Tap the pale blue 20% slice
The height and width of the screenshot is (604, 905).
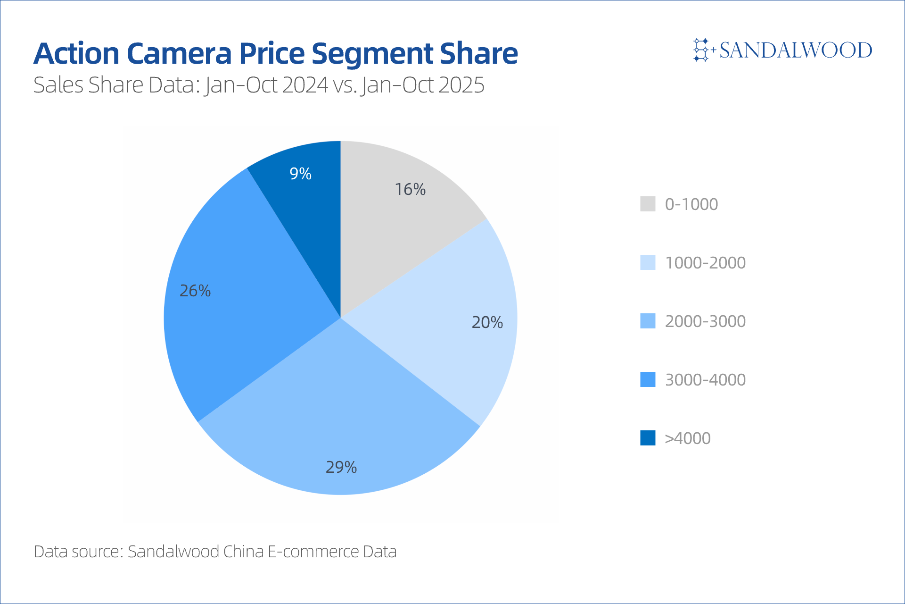point(452,326)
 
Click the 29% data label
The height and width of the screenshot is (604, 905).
point(341,467)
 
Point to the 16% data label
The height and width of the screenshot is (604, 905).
point(410,189)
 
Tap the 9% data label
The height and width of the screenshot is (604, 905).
point(300,174)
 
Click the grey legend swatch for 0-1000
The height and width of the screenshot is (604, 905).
point(648,204)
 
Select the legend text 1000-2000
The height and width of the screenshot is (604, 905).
point(705,262)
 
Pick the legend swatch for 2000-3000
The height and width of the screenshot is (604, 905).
point(648,321)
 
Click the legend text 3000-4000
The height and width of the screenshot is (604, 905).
point(705,379)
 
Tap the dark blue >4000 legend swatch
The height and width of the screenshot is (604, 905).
point(648,438)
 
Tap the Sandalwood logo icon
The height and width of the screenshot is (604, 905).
point(701,50)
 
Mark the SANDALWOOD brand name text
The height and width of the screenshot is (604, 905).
point(796,50)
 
